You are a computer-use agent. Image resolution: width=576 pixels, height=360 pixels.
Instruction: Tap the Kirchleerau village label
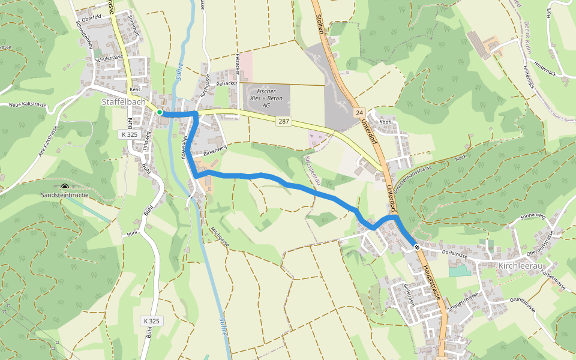(x=519, y=265)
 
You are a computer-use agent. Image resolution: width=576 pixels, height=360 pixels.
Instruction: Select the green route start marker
(x=160, y=112)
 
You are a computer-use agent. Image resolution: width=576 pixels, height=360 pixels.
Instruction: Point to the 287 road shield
(x=284, y=121)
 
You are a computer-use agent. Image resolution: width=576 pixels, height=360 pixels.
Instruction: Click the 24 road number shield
(x=359, y=113)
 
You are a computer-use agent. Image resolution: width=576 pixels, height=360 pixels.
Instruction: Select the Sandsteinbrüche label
(x=65, y=196)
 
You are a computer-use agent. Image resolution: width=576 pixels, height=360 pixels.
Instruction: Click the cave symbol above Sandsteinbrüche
(x=65, y=187)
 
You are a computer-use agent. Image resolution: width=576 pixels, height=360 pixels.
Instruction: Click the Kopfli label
(x=386, y=122)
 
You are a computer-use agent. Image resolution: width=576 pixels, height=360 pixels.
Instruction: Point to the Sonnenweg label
(x=531, y=215)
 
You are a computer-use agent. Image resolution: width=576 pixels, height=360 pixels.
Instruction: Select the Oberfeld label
(x=91, y=17)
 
